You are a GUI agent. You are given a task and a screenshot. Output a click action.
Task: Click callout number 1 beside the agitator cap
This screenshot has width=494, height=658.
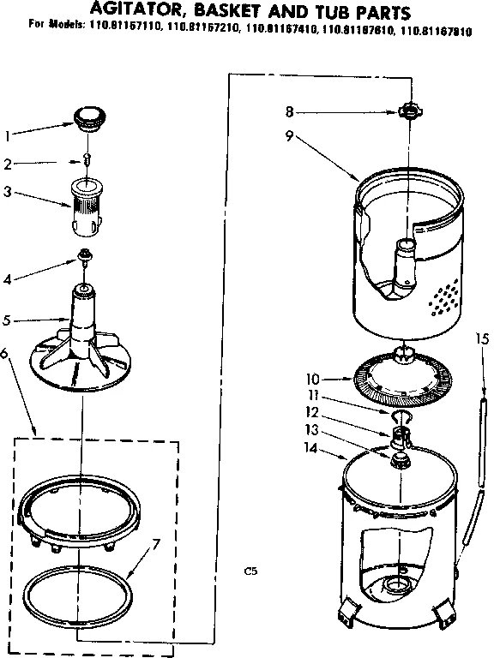8,135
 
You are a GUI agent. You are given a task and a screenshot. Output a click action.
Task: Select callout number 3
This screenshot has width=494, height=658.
8,192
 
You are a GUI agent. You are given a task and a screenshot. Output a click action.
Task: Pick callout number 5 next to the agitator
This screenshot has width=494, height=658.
8,321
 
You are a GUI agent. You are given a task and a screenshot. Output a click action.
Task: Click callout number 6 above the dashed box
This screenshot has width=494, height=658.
8,353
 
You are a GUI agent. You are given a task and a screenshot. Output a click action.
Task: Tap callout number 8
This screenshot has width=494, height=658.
291,111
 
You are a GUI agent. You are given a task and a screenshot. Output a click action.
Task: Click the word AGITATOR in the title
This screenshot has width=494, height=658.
139,13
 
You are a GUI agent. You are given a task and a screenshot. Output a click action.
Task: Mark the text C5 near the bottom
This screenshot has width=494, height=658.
250,570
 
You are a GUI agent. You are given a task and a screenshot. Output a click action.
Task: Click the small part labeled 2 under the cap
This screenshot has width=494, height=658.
86,160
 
